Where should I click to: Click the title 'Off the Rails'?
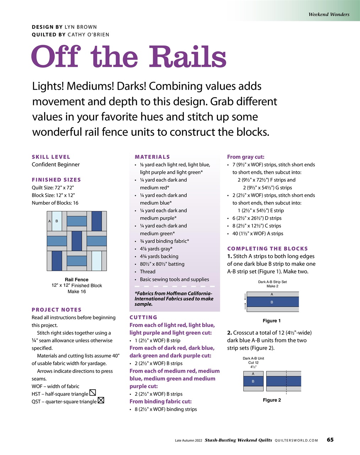coord(129,57)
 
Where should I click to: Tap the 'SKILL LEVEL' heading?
coord(51,157)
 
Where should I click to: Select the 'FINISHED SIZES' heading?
coord(56,180)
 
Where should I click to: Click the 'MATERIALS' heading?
coord(152,157)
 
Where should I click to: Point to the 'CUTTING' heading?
coord(143,317)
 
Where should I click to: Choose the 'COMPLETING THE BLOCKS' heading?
coord(267,248)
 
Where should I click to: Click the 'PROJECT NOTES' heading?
coord(57,310)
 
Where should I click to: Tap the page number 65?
coord(330,440)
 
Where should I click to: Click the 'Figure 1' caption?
coord(272,321)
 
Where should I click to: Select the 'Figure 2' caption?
coord(272,400)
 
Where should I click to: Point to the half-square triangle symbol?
coord(93,393)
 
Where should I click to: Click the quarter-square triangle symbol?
coord(101,401)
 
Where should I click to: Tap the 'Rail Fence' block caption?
coord(76,280)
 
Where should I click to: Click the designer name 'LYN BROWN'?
coord(81,27)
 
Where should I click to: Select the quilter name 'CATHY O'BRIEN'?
coord(88,35)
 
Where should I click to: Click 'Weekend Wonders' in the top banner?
coord(329,15)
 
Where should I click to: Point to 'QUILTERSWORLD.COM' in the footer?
coord(296,440)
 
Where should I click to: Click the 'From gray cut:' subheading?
coord(246,157)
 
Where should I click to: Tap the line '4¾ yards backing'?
coord(159,256)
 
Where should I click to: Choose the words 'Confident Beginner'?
coord(55,165)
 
